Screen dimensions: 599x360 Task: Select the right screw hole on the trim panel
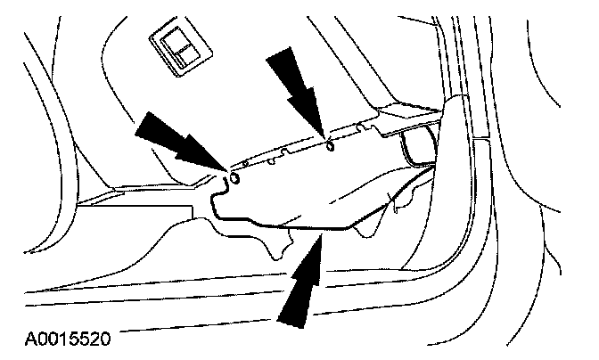coord(331,145)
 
